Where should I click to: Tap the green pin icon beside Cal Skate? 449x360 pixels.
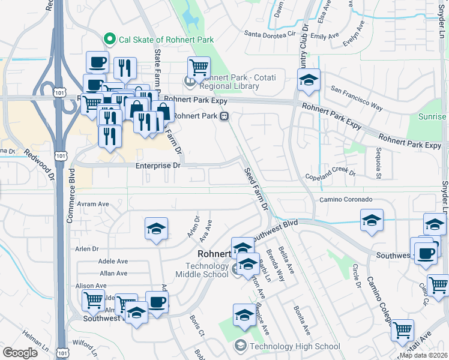(110, 40)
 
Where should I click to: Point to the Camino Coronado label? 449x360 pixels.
(346, 199)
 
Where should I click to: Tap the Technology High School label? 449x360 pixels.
(295, 346)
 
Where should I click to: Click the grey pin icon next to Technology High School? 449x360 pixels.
(241, 346)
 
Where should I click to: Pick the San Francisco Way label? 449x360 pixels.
(357, 99)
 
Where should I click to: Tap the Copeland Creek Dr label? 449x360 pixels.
(330, 175)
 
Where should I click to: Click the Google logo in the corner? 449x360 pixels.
(20, 353)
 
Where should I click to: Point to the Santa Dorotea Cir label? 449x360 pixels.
(271, 35)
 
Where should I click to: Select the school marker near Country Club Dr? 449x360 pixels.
(309, 80)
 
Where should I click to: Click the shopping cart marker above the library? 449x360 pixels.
(199, 67)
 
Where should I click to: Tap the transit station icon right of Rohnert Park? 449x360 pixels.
(224, 116)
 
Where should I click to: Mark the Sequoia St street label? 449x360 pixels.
(379, 163)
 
